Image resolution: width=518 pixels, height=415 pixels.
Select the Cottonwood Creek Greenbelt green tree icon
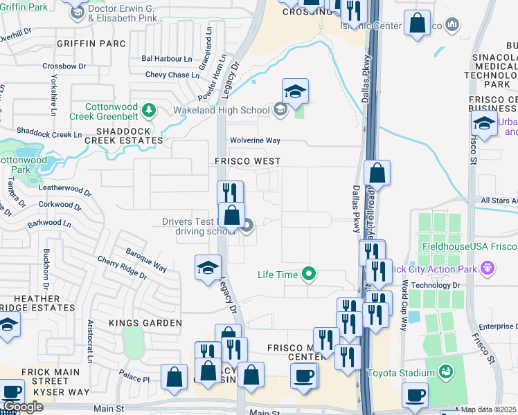tap(148, 110)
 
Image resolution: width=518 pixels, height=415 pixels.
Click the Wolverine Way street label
tap(255, 140)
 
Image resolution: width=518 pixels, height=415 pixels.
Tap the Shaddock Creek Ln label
tap(44, 133)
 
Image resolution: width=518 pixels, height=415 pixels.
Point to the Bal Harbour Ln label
tap(166, 59)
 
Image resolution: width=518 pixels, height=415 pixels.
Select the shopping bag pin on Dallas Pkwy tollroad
tap(377, 174)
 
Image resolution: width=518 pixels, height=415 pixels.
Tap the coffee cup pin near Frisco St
tap(415, 395)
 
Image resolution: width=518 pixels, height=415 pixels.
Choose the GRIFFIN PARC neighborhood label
tap(92, 44)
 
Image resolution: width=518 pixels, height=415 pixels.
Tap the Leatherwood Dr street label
tap(66, 190)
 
